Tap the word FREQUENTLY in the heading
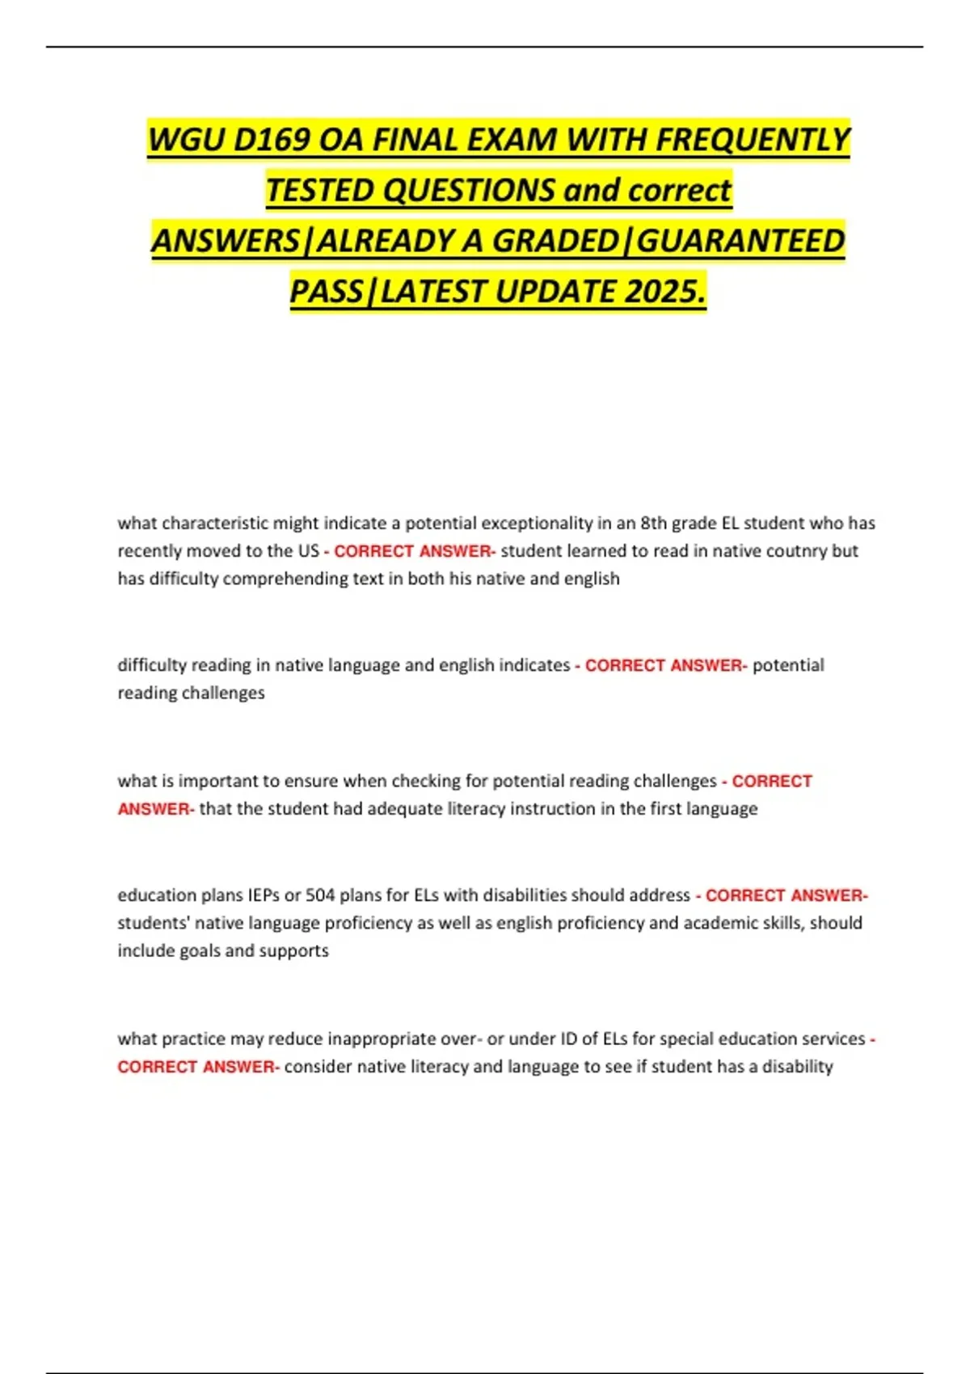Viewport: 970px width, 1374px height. coord(753,140)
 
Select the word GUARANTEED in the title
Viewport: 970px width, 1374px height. coord(741,241)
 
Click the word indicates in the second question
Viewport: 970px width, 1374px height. coord(534,665)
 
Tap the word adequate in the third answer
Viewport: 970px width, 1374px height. coord(401,809)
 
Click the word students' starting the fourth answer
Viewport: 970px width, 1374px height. coord(153,923)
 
